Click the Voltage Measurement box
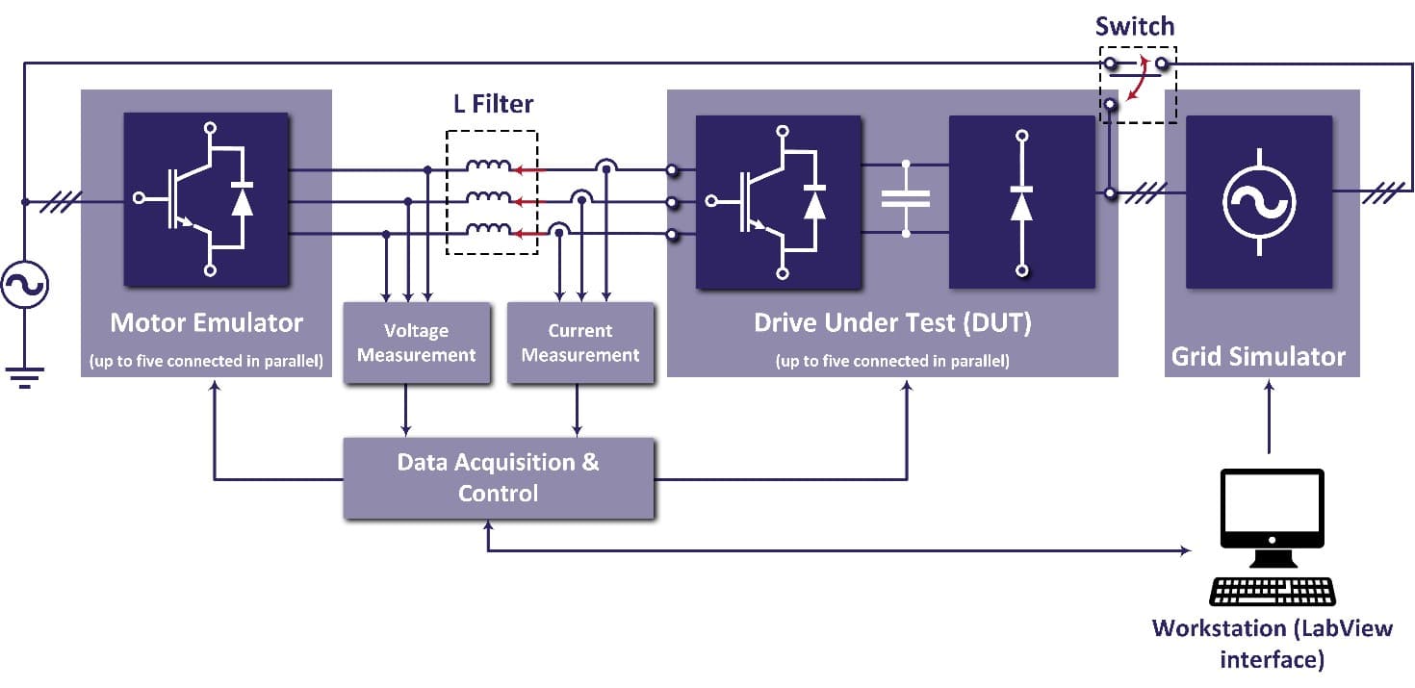click(x=416, y=344)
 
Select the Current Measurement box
click(x=579, y=344)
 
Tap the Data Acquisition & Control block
click(x=499, y=477)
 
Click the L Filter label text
click(x=493, y=103)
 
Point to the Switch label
click(x=1136, y=26)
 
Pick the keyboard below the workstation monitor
click(x=1272, y=591)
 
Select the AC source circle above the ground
click(x=25, y=286)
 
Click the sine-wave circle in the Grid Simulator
click(x=1258, y=202)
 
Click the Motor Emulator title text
click(x=206, y=321)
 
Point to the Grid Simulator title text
click(x=1258, y=357)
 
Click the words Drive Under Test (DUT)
click(x=891, y=323)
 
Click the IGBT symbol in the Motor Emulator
click(x=205, y=199)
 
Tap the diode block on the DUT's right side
click(x=1021, y=201)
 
